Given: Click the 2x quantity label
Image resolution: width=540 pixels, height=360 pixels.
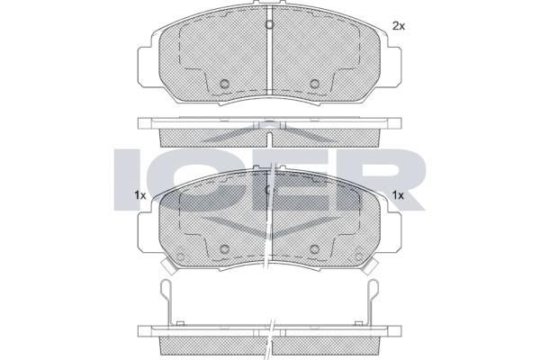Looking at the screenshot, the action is [399, 26].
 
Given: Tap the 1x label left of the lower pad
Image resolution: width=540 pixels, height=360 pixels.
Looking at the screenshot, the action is [140, 195].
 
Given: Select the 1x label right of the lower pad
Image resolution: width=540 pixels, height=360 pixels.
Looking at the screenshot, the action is [398, 195].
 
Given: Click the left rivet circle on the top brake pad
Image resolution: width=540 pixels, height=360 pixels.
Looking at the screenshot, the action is [224, 84].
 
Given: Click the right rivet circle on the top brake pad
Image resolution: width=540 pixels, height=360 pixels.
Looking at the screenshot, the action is [314, 84].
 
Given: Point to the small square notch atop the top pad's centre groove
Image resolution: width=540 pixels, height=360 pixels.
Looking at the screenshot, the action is [270, 24].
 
